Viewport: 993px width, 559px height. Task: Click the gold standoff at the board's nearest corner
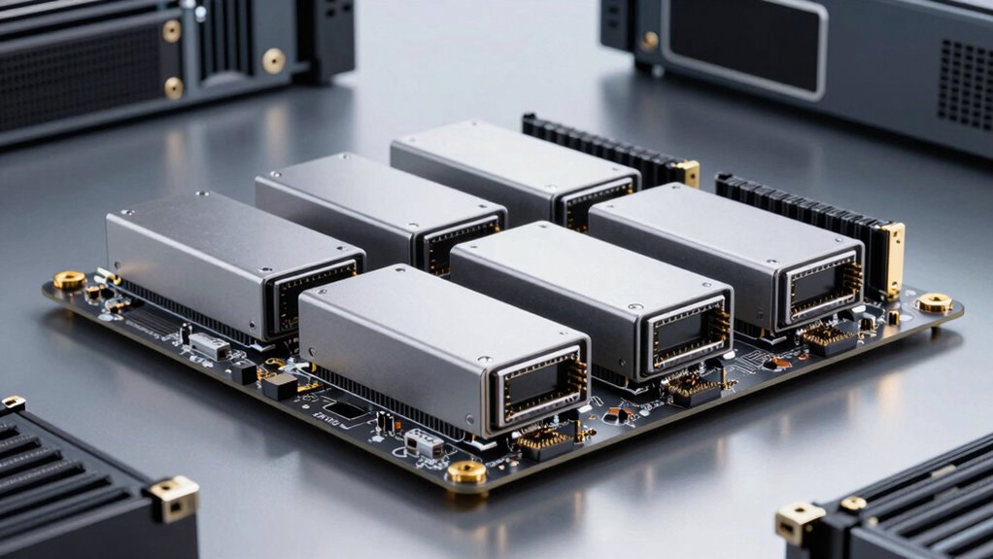466,472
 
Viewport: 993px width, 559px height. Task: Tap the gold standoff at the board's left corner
69,280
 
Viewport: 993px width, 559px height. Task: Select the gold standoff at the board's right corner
935,302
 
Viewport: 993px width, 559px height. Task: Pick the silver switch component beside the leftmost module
209,346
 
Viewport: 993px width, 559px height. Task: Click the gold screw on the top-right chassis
649,41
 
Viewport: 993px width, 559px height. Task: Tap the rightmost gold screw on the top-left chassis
274,60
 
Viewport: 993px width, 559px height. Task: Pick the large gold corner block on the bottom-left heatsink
174,497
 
